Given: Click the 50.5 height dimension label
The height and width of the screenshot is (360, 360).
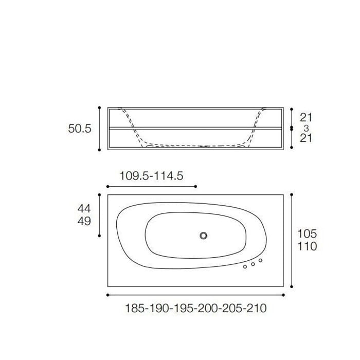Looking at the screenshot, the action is point(80,129).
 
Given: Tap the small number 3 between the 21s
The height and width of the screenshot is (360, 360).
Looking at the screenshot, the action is point(306,128).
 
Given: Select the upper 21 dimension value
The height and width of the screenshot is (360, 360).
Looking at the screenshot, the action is point(306,118).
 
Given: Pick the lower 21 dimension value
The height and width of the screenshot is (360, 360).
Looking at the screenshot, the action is point(306,138).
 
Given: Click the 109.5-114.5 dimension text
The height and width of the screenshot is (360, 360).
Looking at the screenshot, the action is point(152,176).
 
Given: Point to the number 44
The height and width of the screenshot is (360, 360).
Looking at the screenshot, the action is point(84,208).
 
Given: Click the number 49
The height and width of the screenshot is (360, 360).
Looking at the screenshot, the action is point(84,221).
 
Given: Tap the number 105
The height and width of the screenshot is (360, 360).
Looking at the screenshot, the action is point(307,233).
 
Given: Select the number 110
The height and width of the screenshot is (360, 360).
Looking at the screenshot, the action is point(307,246).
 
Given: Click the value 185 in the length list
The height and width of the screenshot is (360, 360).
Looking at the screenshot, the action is point(135,308).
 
